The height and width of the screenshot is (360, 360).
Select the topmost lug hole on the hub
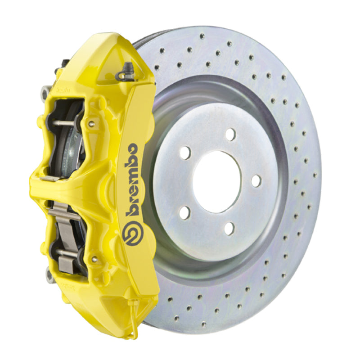[x=230, y=134]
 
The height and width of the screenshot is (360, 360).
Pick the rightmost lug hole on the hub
[x=256, y=180]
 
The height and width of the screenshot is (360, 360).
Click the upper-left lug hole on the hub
[x=185, y=153]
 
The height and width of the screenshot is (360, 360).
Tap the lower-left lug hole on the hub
[x=185, y=212]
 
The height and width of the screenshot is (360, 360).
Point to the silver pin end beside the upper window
[x=91, y=124]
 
